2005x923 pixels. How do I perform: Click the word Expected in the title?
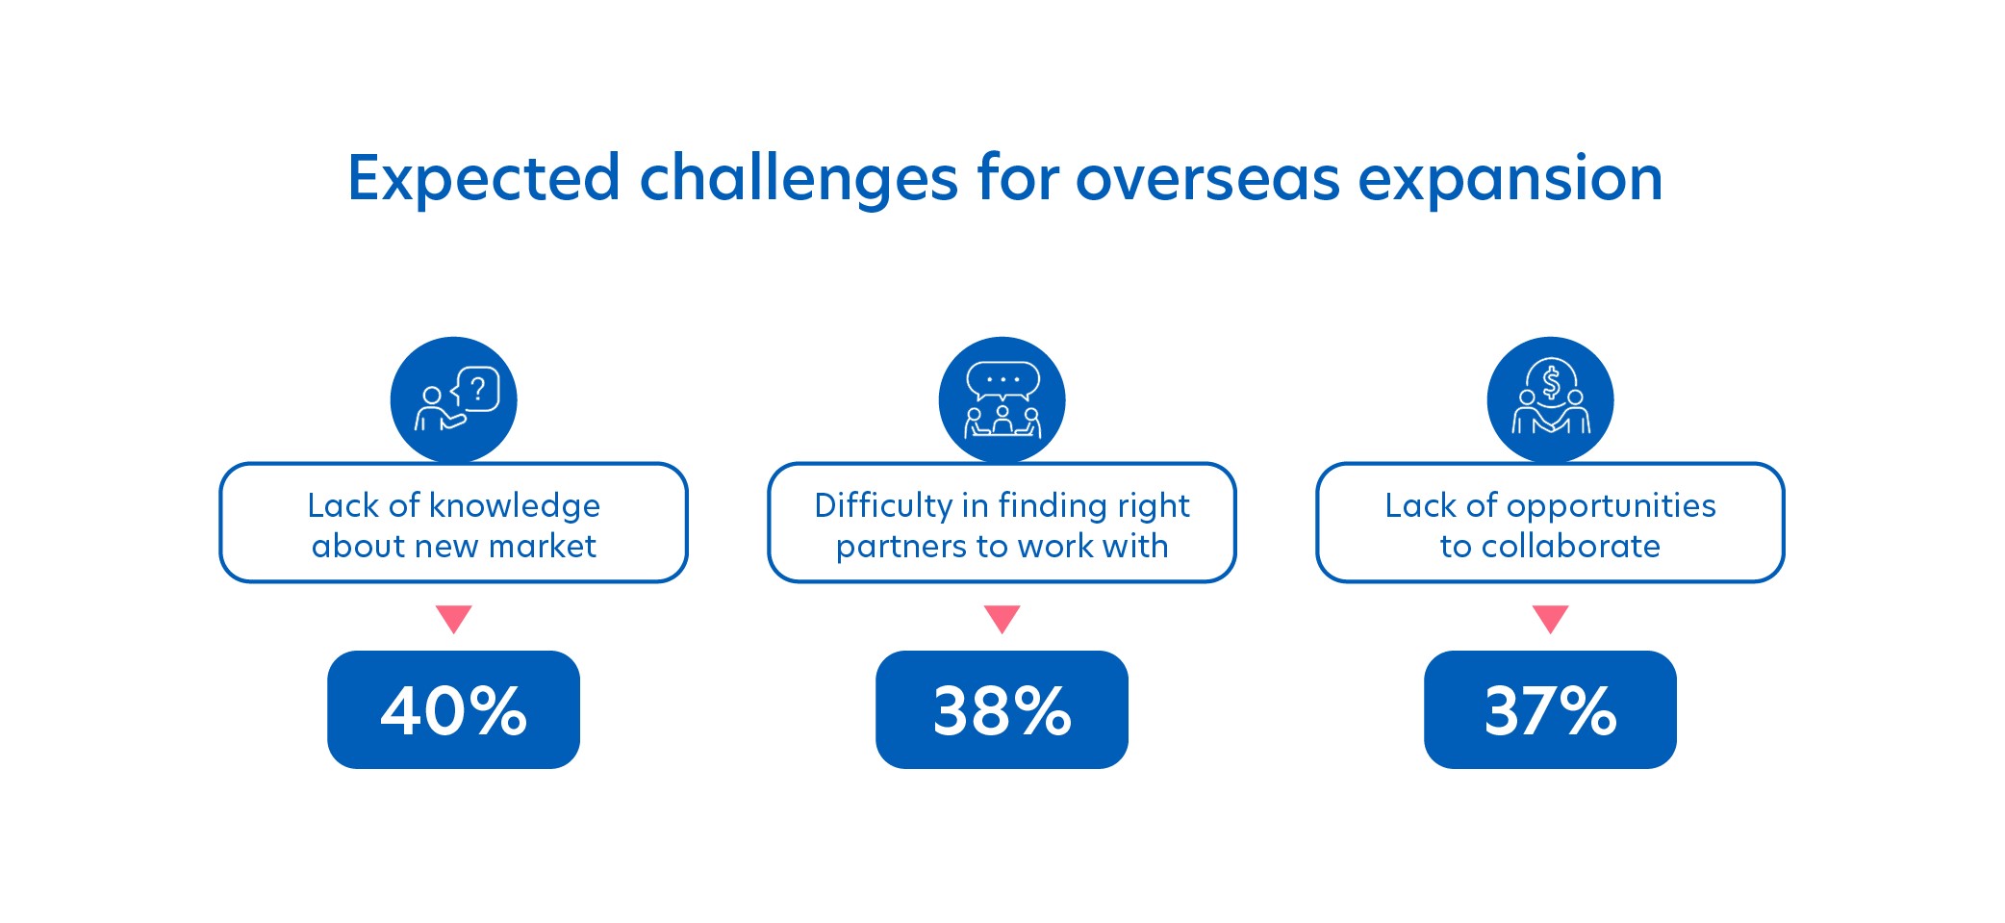click(484, 180)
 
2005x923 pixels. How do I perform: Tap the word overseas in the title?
click(1207, 180)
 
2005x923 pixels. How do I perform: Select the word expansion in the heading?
click(1510, 180)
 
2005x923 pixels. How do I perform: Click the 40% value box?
click(453, 709)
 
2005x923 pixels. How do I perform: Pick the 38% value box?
click(1002, 709)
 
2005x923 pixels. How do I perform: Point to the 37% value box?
click(1550, 709)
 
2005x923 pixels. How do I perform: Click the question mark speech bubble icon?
click(453, 399)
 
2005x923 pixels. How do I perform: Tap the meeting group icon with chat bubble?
click(1002, 399)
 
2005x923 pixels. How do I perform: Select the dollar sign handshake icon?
click(1550, 399)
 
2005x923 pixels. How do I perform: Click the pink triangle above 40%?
click(453, 617)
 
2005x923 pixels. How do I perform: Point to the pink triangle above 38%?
click(1002, 617)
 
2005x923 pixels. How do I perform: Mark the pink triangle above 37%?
click(1550, 617)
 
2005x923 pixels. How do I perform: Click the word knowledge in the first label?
click(515, 506)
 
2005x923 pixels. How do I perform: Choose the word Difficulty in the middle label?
click(883, 506)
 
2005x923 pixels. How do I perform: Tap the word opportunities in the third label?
click(1612, 506)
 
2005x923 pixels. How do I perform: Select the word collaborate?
click(1571, 546)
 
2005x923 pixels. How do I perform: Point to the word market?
click(543, 546)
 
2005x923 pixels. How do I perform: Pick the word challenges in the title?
click(799, 180)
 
